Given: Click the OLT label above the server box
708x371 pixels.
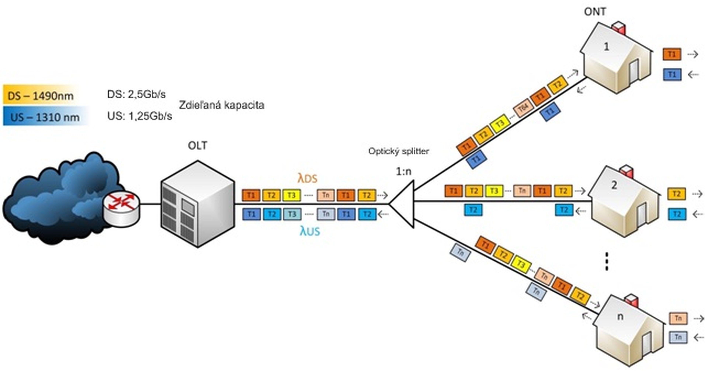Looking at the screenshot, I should [197, 146].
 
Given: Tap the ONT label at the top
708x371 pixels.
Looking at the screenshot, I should [595, 12].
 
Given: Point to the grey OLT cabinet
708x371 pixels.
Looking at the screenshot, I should [197, 205].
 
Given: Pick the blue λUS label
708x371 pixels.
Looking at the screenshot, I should [310, 231].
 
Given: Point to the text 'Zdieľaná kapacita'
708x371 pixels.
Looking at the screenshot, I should [221, 105].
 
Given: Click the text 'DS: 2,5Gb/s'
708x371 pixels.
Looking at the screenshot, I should [136, 95].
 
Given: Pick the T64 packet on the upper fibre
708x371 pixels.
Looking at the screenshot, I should [523, 108].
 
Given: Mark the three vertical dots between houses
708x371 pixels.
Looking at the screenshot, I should [607, 262].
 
